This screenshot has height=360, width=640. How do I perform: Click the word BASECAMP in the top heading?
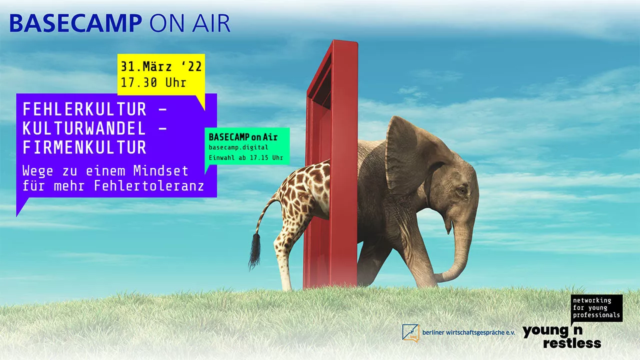pyautogui.click(x=76, y=23)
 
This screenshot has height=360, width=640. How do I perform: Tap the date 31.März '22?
pyautogui.click(x=161, y=67)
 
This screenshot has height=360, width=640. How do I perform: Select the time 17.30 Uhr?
pyautogui.click(x=153, y=83)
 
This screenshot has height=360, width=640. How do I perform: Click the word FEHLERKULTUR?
pyautogui.click(x=84, y=109)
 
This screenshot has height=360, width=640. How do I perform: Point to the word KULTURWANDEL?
pyautogui.click(x=84, y=128)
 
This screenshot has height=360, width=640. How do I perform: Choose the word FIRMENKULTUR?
pyautogui.click(x=84, y=147)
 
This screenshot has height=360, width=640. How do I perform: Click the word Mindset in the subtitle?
pyautogui.click(x=161, y=171)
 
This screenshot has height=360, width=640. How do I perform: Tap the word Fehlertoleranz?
pyautogui.click(x=149, y=186)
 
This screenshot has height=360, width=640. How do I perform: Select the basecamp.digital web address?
pyautogui.click(x=238, y=147)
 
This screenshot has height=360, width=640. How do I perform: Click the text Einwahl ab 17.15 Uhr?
pyautogui.click(x=246, y=157)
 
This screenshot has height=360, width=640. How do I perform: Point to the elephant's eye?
pyautogui.click(x=461, y=190)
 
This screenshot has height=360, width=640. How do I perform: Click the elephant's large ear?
pyautogui.click(x=414, y=154)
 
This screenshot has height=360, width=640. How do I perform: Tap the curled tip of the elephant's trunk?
pyautogui.click(x=440, y=277)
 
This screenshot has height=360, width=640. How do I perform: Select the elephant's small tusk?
pyautogui.click(x=448, y=227)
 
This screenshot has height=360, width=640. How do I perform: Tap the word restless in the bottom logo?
pyautogui.click(x=572, y=343)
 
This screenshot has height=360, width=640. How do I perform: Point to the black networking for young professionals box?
pyautogui.click(x=596, y=308)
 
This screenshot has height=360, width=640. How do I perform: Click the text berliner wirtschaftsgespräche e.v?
pyautogui.click(x=468, y=333)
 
